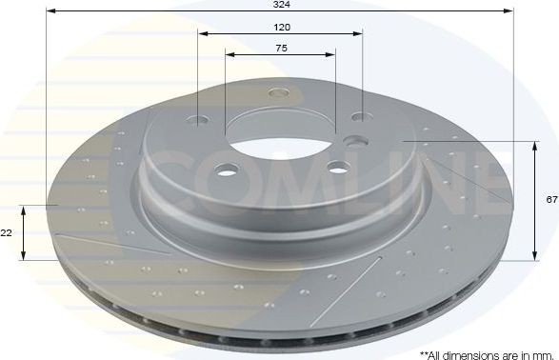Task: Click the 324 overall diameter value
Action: pyautogui.click(x=280, y=5)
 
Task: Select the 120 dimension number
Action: pyautogui.click(x=280, y=28)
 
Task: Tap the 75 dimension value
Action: pyautogui.click(x=280, y=49)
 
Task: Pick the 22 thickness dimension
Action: pyautogui.click(x=8, y=232)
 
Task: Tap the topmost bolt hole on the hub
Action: pyautogui.click(x=279, y=92)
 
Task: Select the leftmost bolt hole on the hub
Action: pyautogui.click(x=198, y=120)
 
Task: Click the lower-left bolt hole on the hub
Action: pyautogui.click(x=226, y=171)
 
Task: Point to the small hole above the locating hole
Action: pyautogui.click(x=359, y=117)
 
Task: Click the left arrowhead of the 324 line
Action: pyautogui.click(x=49, y=11)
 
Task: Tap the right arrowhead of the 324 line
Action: pyautogui.click(x=509, y=11)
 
